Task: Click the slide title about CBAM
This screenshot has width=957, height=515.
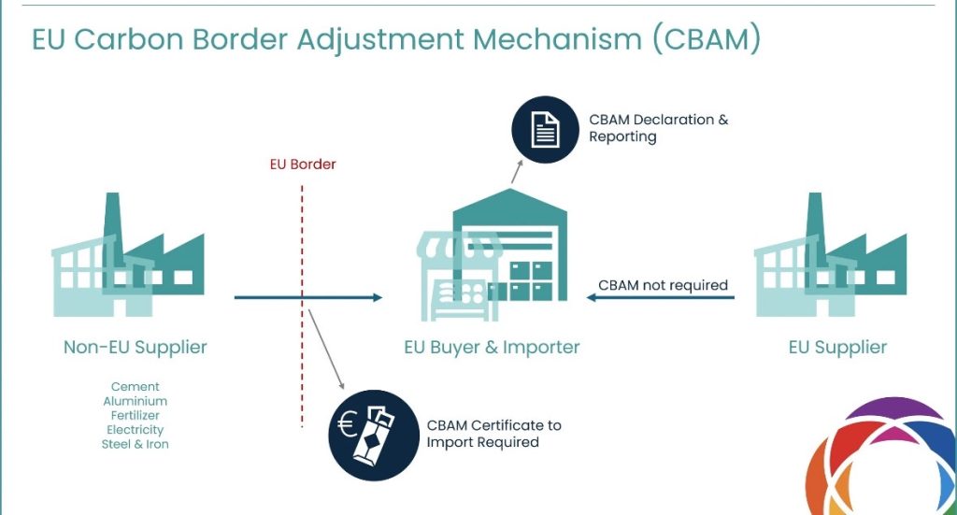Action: (396, 39)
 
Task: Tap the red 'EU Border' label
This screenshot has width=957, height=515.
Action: (296, 165)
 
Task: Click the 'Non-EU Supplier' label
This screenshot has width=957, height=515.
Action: (136, 348)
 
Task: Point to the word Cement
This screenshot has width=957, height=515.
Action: (136, 387)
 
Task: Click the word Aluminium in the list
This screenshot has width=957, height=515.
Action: (136, 401)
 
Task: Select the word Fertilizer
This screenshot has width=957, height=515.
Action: (136, 415)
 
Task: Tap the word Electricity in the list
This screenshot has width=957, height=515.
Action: (136, 430)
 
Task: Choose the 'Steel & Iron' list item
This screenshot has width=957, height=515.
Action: (136, 444)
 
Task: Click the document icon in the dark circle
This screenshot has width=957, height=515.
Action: (545, 129)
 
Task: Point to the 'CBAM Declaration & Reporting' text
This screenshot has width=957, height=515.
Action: (658, 129)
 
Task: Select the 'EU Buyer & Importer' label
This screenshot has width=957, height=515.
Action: (492, 348)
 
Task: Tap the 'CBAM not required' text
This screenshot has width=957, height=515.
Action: (663, 285)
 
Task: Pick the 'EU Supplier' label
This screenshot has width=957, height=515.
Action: (837, 348)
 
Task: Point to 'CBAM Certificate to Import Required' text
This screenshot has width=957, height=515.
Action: (493, 434)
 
